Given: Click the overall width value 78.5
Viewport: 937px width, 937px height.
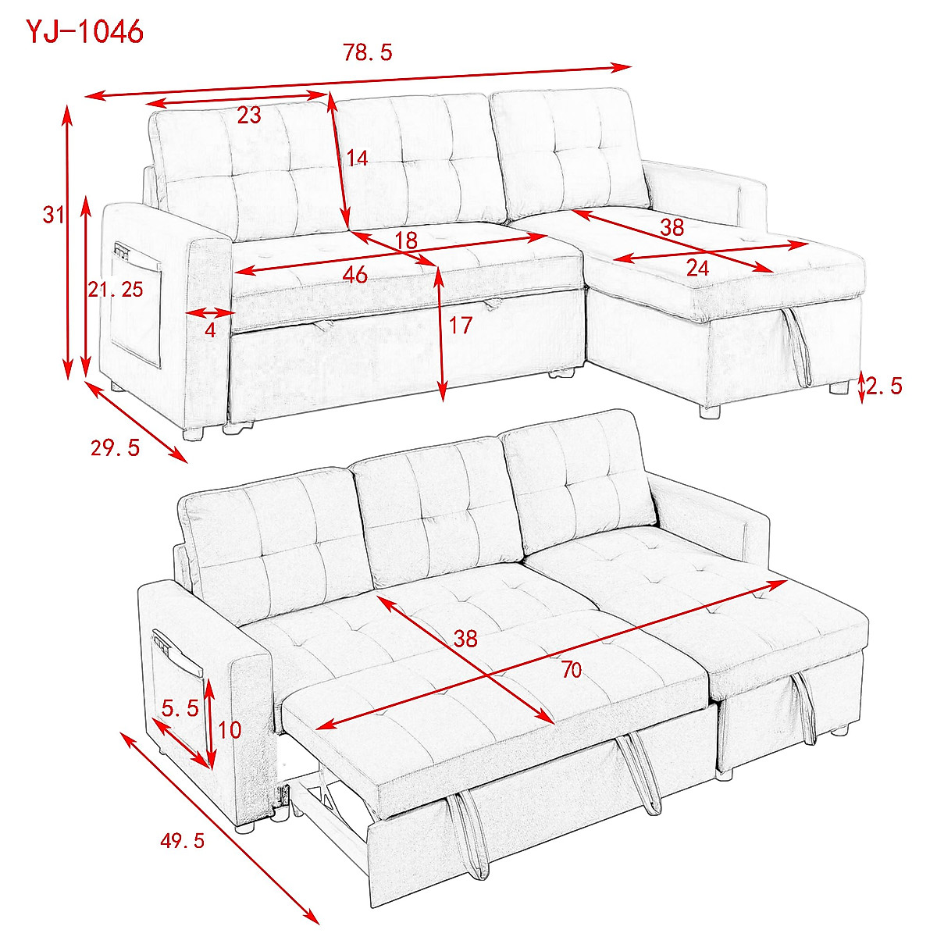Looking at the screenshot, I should click(x=367, y=53).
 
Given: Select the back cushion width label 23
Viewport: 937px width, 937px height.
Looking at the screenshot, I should click(x=248, y=116).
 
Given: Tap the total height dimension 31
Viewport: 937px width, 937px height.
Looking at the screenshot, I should click(x=53, y=214).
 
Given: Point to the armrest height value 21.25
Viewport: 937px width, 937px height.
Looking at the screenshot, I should click(x=115, y=290).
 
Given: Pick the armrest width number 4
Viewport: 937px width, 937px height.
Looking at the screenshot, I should click(x=210, y=330).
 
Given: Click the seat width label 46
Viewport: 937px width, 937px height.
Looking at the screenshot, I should click(x=354, y=275).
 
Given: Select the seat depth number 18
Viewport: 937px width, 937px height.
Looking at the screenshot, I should click(x=406, y=240).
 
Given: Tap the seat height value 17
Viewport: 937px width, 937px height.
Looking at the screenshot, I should click(x=461, y=325).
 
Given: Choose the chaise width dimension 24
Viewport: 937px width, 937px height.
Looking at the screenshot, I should click(x=697, y=268).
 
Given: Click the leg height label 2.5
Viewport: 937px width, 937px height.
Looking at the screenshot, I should click(x=885, y=386).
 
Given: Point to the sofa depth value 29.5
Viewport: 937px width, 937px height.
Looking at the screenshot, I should click(x=115, y=448).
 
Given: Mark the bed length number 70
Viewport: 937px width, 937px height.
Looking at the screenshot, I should click(x=572, y=669).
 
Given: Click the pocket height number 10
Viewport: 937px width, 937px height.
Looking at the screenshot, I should click(x=230, y=730).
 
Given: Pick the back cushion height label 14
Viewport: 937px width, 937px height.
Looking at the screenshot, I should click(x=357, y=159).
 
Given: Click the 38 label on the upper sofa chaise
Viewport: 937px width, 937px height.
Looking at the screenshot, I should click(x=672, y=227).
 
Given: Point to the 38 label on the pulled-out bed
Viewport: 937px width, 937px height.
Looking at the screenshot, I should click(x=465, y=639).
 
